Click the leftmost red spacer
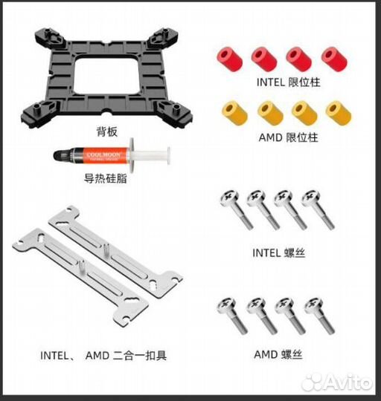(230, 59)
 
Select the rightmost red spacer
(334, 59)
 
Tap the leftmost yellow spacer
(234, 113)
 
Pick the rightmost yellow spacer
(339, 113)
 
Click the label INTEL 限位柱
(288, 82)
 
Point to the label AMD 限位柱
(288, 137)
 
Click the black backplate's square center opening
(107, 76)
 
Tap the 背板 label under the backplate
(107, 131)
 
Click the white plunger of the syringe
(151, 155)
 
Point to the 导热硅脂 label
(106, 178)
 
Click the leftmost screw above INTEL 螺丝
(237, 209)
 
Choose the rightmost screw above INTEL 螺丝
(318, 209)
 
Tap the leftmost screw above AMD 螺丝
(232, 316)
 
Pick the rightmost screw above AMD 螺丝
(319, 316)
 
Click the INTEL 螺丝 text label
(279, 253)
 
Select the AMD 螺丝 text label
(278, 354)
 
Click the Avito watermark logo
(337, 382)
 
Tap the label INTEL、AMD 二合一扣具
(103, 356)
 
